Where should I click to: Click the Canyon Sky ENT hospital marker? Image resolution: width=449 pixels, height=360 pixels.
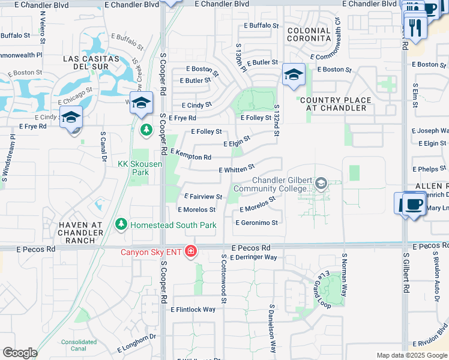click(191, 250)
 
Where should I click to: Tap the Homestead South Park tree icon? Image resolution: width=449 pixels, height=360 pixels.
click(121, 224)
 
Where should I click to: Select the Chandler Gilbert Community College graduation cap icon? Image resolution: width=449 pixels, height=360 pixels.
click(321, 183)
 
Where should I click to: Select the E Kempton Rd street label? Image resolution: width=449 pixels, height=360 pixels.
click(191, 155)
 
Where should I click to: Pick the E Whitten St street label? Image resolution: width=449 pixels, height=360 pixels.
click(237, 169)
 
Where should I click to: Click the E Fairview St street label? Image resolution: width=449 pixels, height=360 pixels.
click(203, 196)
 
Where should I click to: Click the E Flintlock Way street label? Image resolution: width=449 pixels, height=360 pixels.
click(193, 310)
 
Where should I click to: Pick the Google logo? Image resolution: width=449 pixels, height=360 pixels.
click(20, 353)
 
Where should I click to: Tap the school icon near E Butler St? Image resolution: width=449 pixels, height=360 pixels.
click(294, 75)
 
